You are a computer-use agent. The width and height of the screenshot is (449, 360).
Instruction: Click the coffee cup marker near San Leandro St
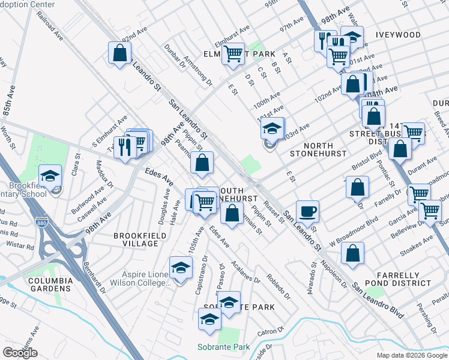(x=307, y=211)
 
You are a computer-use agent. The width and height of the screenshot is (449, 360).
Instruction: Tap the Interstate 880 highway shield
(x=41, y=221)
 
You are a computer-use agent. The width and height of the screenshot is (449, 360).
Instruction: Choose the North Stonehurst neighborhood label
(x=318, y=149)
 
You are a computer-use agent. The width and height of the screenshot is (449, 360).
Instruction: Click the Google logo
(x=20, y=353)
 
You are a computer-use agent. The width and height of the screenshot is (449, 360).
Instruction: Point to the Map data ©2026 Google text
(x=411, y=355)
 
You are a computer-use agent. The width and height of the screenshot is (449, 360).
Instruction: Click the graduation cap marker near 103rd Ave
(x=272, y=128)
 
